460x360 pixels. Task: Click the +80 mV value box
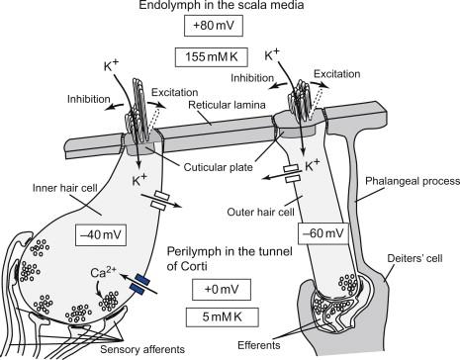(214, 26)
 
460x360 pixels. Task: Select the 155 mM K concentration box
(211, 57)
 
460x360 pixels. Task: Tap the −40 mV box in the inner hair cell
(101, 235)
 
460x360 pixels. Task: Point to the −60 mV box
(323, 233)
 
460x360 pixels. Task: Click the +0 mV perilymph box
(222, 290)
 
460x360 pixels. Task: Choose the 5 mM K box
(222, 317)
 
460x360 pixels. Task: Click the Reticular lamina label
(227, 105)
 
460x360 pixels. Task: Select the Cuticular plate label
(218, 167)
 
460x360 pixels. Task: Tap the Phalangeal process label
(413, 181)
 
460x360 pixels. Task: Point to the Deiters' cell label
(414, 258)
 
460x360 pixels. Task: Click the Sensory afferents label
(142, 349)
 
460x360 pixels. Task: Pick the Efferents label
(259, 345)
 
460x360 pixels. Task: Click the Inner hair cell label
(65, 188)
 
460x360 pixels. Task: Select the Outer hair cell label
(260, 212)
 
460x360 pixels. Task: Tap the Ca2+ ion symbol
(103, 273)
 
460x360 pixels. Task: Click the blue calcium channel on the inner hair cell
(140, 285)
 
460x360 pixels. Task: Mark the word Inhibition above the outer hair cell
(252, 78)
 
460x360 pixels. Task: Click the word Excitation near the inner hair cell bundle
(174, 92)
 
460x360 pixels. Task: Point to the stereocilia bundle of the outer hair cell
(300, 99)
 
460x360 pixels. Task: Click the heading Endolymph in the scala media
(222, 5)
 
